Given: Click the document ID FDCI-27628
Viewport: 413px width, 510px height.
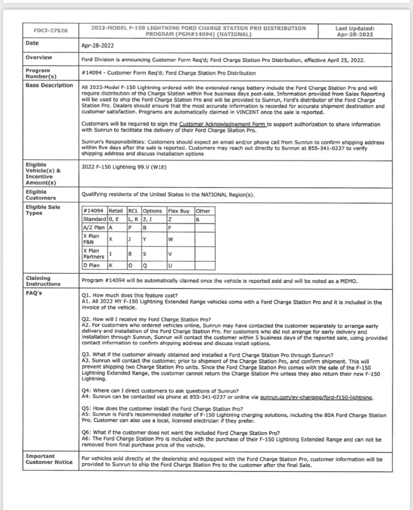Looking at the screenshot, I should [x=51, y=30].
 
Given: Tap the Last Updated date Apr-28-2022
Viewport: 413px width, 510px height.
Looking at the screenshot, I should [x=355, y=34].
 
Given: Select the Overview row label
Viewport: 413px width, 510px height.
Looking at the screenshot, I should [x=39, y=57].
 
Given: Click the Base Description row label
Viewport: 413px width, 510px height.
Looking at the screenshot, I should [x=49, y=85].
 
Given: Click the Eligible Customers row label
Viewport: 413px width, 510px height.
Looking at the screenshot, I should [x=41, y=195].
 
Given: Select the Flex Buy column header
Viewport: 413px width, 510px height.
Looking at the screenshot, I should [x=179, y=211].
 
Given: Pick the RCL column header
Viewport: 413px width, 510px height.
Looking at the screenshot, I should [x=133, y=211].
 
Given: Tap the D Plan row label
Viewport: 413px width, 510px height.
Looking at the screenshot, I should [x=91, y=265].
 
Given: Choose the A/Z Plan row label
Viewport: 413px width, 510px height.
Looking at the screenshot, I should [x=94, y=228].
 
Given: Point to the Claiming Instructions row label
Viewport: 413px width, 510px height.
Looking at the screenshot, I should [x=43, y=281].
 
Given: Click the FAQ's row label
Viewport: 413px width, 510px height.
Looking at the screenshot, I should [x=34, y=293].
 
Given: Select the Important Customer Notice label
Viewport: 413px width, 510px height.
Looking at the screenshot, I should [x=49, y=459].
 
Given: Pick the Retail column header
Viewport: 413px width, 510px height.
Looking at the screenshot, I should [x=116, y=211].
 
